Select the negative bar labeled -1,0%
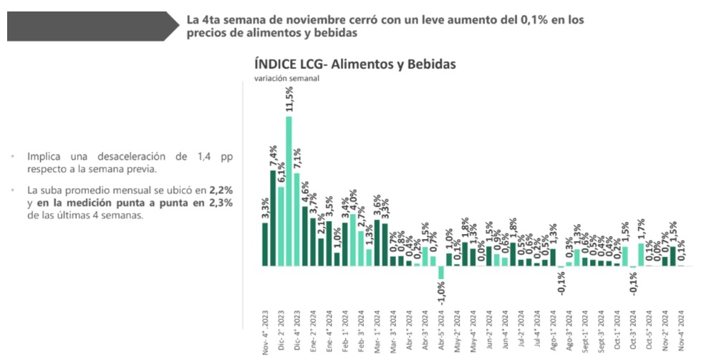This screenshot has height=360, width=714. (441, 273)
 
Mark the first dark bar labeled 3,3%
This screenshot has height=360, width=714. (265, 244)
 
